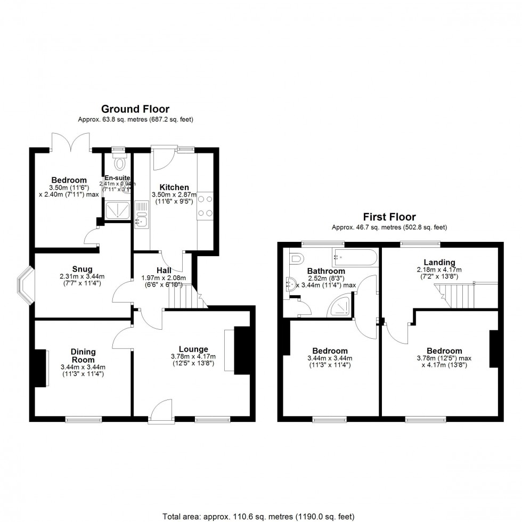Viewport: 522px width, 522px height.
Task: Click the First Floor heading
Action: tap(389, 217)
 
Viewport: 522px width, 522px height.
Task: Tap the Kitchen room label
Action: tap(174, 187)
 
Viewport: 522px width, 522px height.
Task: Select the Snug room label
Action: tap(83, 268)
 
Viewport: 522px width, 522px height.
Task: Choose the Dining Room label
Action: tap(83, 355)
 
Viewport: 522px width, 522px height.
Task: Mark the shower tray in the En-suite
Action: tap(117, 211)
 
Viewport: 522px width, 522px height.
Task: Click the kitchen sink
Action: tap(141, 219)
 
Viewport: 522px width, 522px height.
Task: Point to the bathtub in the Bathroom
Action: tap(354, 258)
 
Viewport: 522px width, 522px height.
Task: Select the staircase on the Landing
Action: tap(455, 296)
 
